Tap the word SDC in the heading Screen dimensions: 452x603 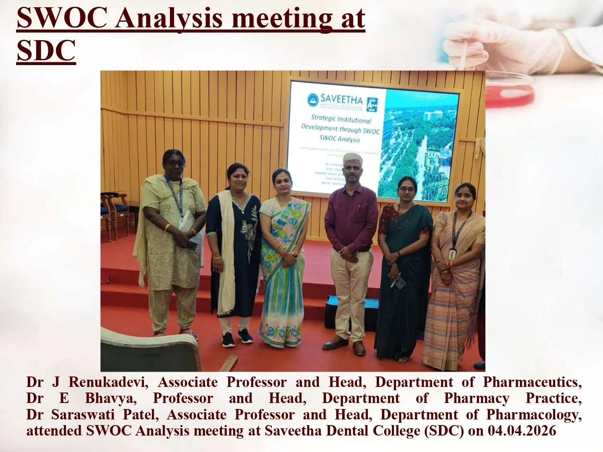tap(46, 51)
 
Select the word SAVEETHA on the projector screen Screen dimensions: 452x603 tap(341, 99)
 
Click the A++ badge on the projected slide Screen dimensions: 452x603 tap(371, 104)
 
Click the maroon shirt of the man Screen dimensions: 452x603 tap(351, 217)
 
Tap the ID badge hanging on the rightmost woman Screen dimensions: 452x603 tap(452, 254)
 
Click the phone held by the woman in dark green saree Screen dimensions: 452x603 tap(399, 282)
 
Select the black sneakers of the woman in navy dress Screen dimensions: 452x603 tap(237, 337)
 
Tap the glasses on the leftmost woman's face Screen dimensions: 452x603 tap(175, 163)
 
